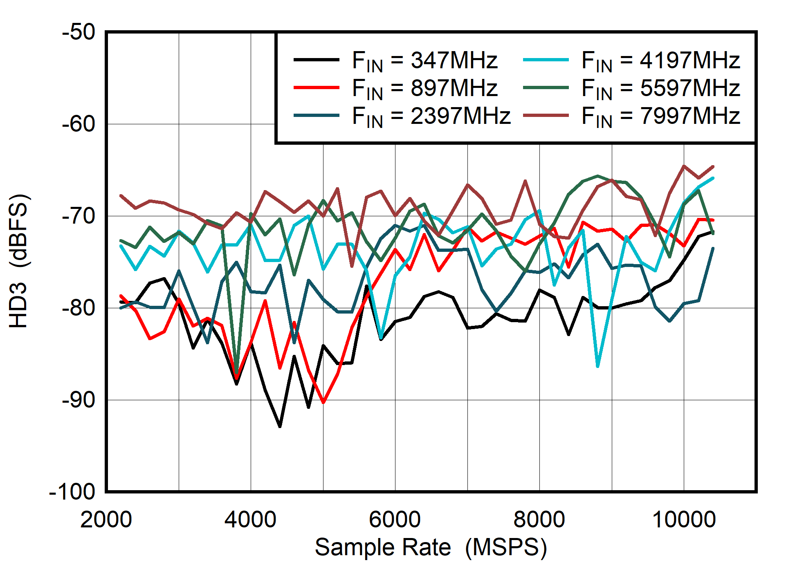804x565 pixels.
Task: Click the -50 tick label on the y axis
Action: pos(79,32)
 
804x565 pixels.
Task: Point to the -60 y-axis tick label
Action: pos(79,124)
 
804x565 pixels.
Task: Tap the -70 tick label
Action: pos(79,216)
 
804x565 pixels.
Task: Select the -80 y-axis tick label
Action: pos(79,308)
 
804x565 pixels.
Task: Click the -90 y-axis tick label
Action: pos(79,400)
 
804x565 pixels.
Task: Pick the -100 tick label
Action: pos(72,492)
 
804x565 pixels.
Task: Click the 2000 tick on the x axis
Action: pos(106,520)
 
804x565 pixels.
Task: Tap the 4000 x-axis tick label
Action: pos(251,520)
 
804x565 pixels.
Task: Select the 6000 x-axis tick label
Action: pos(395,520)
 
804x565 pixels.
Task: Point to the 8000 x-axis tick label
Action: pos(539,520)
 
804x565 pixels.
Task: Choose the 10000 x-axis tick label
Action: pos(684,520)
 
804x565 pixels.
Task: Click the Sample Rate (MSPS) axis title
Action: pos(431,547)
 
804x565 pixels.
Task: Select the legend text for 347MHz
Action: pos(424,61)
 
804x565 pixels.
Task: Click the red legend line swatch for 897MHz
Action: pos(317,87)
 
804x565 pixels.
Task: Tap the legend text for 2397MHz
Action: pos(431,116)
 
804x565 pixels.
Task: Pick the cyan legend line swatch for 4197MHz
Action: pos(546,60)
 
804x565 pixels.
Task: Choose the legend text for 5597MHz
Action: pos(660,88)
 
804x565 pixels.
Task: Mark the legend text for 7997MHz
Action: pos(660,116)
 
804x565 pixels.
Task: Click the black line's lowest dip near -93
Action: pos(280,426)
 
